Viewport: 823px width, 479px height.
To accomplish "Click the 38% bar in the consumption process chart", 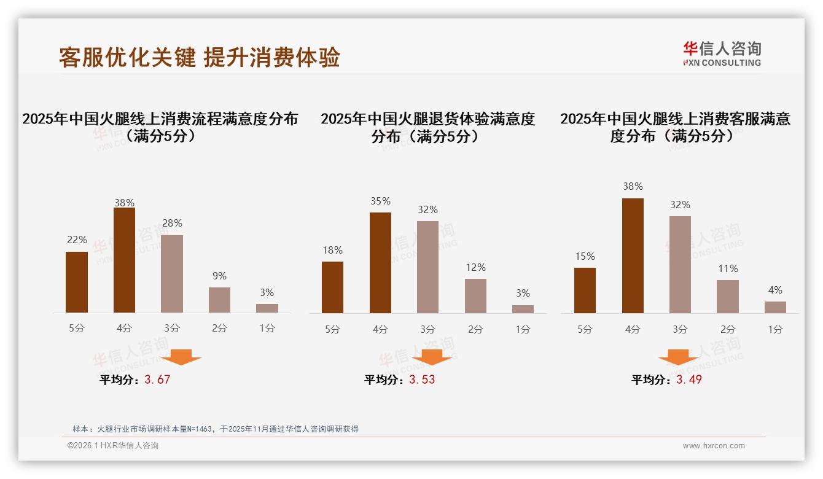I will click(x=124, y=260).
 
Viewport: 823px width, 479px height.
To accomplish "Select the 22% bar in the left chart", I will click(x=77, y=282).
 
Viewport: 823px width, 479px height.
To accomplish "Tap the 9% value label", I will click(x=219, y=276).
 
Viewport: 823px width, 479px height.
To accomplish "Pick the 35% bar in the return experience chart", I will click(x=380, y=263).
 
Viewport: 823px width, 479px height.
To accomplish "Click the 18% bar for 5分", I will click(x=332, y=287).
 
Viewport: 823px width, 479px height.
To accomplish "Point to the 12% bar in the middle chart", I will click(x=475, y=296).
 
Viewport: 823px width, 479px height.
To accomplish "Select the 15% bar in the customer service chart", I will click(x=585, y=290).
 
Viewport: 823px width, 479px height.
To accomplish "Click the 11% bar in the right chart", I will click(x=728, y=297).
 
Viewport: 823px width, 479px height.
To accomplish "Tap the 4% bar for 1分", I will click(x=775, y=307).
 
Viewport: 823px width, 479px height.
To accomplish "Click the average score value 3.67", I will click(x=157, y=380).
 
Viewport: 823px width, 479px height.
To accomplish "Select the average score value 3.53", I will click(x=422, y=380).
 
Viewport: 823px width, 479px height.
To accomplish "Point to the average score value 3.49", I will click(x=689, y=380).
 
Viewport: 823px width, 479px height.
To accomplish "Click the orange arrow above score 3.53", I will click(x=432, y=357).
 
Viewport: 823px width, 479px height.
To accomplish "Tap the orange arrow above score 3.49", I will click(x=678, y=357).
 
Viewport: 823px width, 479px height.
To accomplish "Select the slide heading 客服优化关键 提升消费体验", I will click(x=200, y=57).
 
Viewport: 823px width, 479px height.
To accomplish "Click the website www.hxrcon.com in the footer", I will click(x=714, y=446).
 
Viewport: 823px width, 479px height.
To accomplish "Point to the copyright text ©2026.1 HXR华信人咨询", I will click(x=113, y=446).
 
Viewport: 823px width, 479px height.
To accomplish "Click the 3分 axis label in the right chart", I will click(x=680, y=329).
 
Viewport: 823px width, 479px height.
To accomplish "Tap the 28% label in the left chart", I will click(x=172, y=224).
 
